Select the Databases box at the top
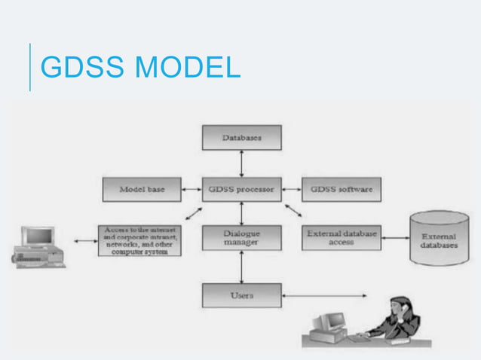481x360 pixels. pos(241,137)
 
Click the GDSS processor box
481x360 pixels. pos(241,189)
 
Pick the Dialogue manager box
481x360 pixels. pos(241,238)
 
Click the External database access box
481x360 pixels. pos(341,238)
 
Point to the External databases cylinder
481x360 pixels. pos(438,240)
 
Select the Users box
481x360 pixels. pos(241,294)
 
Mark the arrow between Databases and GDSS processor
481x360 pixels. pos(241,163)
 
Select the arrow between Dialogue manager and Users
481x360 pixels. pos(241,267)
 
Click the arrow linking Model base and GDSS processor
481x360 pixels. pos(192,189)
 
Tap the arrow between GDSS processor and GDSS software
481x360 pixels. pos(291,189)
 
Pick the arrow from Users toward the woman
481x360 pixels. pos(324,295)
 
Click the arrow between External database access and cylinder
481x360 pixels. pos(394,239)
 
